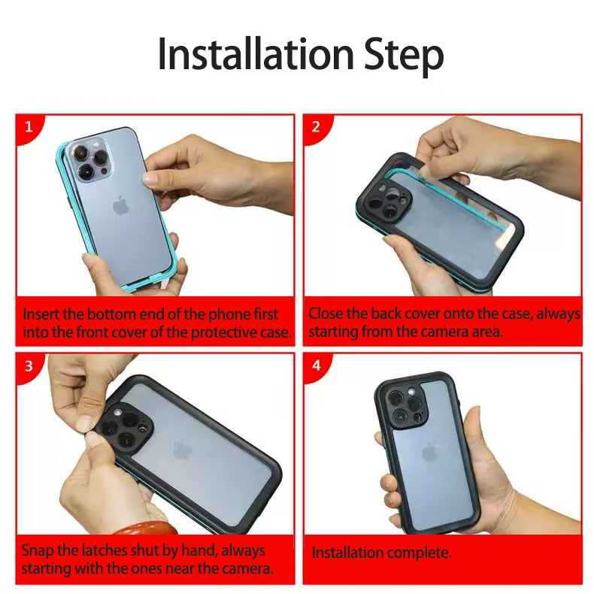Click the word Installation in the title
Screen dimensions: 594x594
click(x=256, y=54)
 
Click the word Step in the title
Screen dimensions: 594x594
click(x=403, y=56)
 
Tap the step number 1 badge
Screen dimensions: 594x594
click(x=29, y=127)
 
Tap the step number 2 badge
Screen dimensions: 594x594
click(x=316, y=127)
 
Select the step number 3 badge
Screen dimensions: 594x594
click(x=29, y=366)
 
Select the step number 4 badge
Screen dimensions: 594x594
click(x=317, y=365)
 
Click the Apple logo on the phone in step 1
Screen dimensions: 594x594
click(x=121, y=205)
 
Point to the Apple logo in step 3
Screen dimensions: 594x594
click(x=183, y=450)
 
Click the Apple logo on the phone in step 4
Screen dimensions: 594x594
click(x=429, y=453)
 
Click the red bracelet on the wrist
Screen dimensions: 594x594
click(x=146, y=527)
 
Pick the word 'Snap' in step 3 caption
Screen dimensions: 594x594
click(x=37, y=551)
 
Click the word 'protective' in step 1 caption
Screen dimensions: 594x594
click(x=224, y=333)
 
